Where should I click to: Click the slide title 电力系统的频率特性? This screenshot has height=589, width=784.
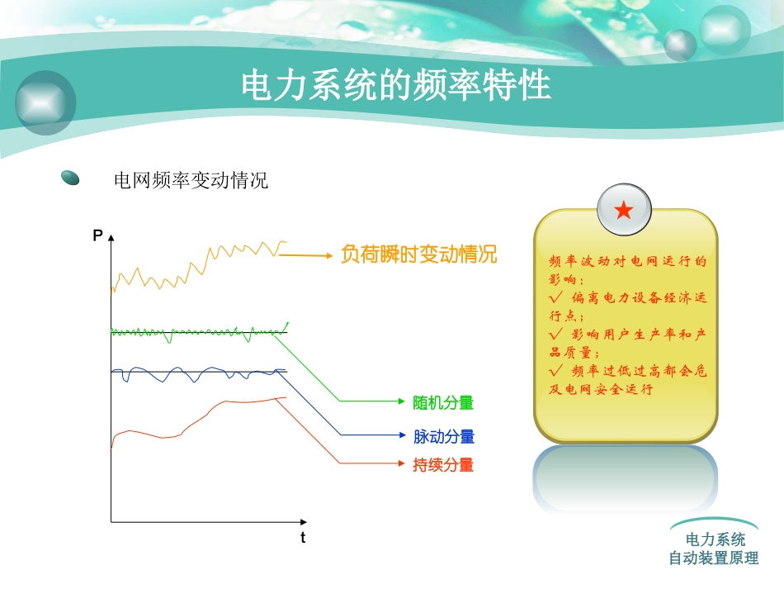point(396,86)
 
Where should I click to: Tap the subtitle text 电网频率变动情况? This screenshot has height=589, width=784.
point(191,180)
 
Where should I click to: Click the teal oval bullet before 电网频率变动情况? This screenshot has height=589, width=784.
point(71,178)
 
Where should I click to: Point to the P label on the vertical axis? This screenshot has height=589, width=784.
point(97,236)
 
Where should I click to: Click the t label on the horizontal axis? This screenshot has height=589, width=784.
point(302,538)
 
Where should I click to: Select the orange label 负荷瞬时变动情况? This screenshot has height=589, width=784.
point(418,254)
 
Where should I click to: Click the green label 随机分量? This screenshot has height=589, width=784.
point(443,402)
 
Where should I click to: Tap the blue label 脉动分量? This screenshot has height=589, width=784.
point(443,436)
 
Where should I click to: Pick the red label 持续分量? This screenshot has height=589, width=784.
point(443,465)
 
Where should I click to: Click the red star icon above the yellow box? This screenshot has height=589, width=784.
point(624,211)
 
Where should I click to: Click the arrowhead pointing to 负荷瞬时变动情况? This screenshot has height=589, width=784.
point(330,255)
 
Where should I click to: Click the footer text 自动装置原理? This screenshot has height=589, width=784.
point(713,558)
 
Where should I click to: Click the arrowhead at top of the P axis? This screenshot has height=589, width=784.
point(111,236)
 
